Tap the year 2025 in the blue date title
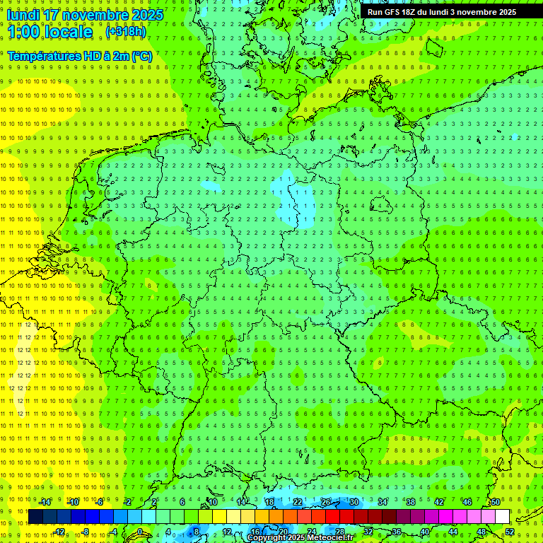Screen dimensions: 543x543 tap(147, 15)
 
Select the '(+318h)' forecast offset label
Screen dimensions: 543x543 tap(125, 32)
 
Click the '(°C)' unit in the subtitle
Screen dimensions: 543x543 tap(139, 56)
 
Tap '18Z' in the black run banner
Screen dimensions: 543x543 tap(413, 12)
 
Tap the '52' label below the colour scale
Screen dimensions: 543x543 tap(510, 532)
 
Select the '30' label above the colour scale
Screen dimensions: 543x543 tap(354, 502)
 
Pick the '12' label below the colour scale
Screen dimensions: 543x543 tap(227, 532)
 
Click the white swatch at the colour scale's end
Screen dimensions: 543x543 tap(502, 517)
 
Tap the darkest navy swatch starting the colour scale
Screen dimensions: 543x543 tap(35, 517)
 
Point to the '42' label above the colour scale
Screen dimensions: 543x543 tap(438, 502)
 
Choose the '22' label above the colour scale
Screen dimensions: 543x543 tap(298, 502)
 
